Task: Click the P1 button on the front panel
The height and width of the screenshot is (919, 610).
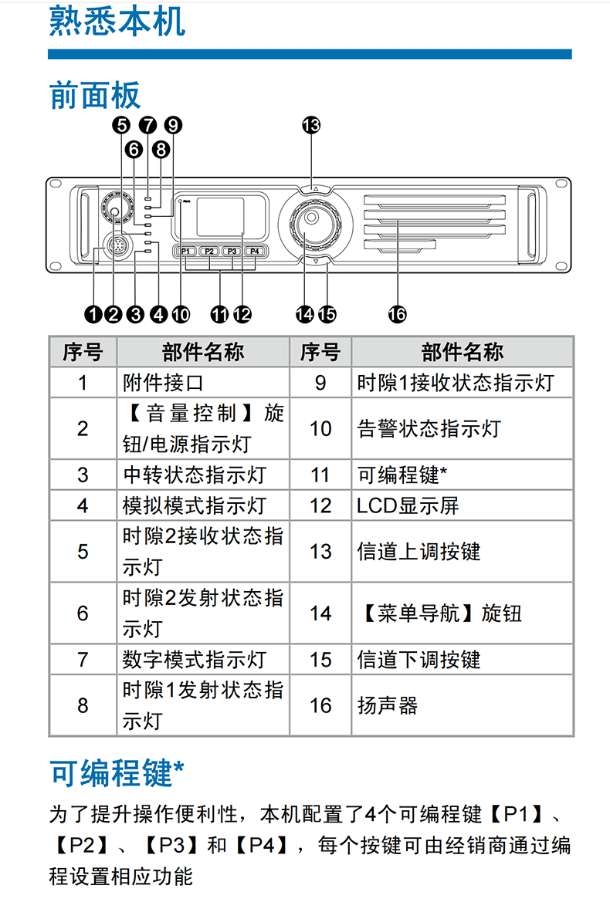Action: tap(186, 251)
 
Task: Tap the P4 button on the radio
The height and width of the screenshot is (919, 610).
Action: tap(255, 251)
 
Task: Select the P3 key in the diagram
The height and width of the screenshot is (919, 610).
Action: tap(232, 251)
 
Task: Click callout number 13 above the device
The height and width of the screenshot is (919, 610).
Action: tap(311, 125)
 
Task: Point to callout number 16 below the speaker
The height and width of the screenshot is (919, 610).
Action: tap(397, 314)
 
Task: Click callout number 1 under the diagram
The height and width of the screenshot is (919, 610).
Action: tap(93, 314)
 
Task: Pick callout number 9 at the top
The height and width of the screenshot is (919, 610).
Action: tap(173, 125)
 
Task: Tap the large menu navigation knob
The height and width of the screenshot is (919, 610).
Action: tap(310, 223)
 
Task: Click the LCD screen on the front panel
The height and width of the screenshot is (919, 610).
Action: tap(220, 217)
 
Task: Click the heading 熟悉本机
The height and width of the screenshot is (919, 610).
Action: tap(117, 21)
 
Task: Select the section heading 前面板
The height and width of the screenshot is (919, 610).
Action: tap(95, 95)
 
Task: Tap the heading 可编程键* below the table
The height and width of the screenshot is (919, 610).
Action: tap(117, 772)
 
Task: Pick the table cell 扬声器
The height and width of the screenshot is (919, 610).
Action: tap(388, 705)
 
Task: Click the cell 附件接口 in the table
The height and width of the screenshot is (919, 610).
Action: tap(163, 383)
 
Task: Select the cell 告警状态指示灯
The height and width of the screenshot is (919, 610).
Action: tap(429, 428)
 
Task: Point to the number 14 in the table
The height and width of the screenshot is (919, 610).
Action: tap(321, 613)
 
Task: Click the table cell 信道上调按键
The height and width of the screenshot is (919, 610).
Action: tap(419, 552)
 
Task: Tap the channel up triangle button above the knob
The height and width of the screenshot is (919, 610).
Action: tap(316, 189)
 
